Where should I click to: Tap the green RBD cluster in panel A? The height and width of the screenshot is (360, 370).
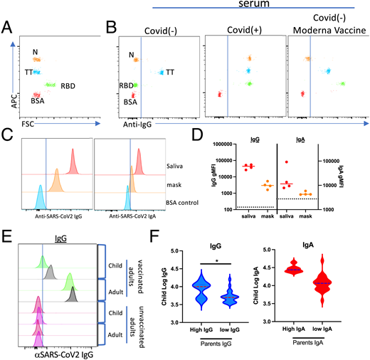tap(50, 85)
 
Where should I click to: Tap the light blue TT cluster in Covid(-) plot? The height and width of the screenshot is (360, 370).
tap(163, 72)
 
